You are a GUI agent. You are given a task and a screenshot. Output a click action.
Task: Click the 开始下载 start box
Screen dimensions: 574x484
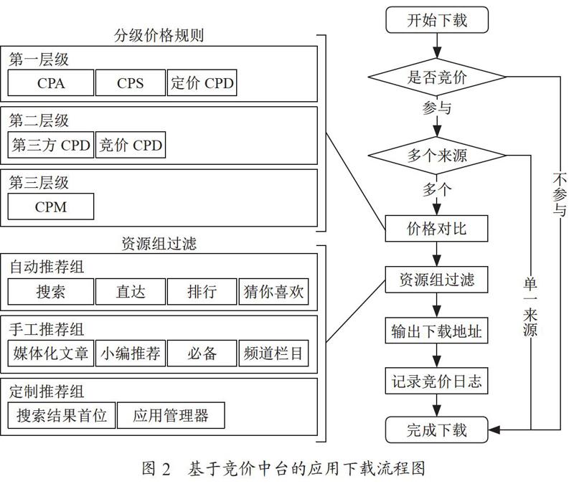point(437,20)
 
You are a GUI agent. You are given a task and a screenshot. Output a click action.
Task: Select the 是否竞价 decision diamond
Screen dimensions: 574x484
point(437,77)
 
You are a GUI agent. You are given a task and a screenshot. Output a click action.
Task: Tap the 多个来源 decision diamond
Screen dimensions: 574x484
point(437,156)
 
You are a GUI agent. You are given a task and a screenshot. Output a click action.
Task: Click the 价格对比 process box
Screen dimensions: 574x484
point(436,229)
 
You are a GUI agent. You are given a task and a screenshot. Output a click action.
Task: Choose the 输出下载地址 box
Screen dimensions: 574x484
point(436,331)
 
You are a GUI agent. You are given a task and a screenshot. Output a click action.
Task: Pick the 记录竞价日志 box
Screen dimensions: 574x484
point(436,381)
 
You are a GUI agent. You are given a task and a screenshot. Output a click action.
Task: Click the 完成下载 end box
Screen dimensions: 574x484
point(437,430)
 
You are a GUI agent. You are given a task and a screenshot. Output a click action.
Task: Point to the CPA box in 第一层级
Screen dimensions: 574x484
point(51,82)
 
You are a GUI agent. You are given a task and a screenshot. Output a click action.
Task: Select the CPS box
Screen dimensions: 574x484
point(131,82)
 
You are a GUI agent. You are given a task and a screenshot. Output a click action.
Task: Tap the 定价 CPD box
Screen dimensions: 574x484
point(202,82)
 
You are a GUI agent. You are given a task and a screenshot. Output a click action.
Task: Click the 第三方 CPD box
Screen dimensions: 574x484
point(51,145)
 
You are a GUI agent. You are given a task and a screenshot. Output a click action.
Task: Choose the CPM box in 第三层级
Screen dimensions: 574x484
point(51,207)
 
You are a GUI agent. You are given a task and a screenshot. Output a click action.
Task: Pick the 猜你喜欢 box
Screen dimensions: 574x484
point(273,292)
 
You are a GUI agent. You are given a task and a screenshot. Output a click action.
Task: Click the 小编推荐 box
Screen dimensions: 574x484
point(131,353)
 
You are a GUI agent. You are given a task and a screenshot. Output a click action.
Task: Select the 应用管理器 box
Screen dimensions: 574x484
point(171,415)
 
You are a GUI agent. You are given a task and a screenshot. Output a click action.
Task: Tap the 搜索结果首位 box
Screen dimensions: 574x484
point(62,415)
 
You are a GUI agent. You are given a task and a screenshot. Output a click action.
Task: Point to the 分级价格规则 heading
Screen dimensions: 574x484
point(159,35)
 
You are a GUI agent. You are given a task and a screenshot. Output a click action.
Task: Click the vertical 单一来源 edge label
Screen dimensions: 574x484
point(530,307)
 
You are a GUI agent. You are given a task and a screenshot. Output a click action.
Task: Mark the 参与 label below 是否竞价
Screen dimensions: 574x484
point(436,108)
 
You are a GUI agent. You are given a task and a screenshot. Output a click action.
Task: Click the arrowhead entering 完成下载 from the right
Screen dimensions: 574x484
point(494,430)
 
